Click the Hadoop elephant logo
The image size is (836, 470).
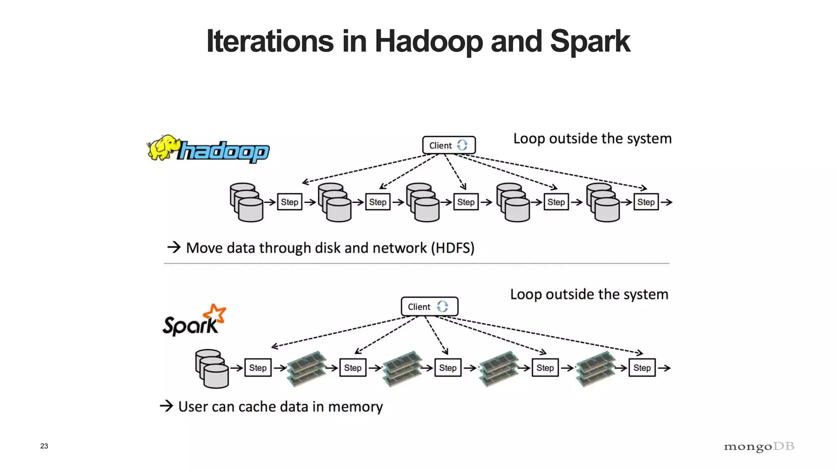[x=164, y=147]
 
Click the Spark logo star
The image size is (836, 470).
[x=215, y=314]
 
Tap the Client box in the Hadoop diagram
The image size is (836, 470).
[x=448, y=145]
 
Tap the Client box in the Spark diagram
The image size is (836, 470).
[x=429, y=306]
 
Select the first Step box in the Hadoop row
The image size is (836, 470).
[x=289, y=202]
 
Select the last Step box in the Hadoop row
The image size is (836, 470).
[x=646, y=202]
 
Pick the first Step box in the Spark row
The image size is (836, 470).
[x=258, y=368]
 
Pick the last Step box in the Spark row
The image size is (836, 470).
[x=642, y=368]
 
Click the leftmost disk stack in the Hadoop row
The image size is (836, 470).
[x=246, y=202]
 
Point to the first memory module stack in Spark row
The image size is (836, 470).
[x=307, y=368]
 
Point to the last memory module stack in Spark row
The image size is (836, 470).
[x=596, y=368]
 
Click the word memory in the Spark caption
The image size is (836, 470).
[x=355, y=407]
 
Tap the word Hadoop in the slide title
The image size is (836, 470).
[x=429, y=41]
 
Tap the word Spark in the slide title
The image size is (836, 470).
[x=589, y=41]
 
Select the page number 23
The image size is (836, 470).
[x=44, y=446]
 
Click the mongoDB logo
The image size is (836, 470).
[x=759, y=447]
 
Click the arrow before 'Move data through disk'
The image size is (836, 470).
[x=174, y=247]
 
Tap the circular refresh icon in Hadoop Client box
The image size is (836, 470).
[x=462, y=145]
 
